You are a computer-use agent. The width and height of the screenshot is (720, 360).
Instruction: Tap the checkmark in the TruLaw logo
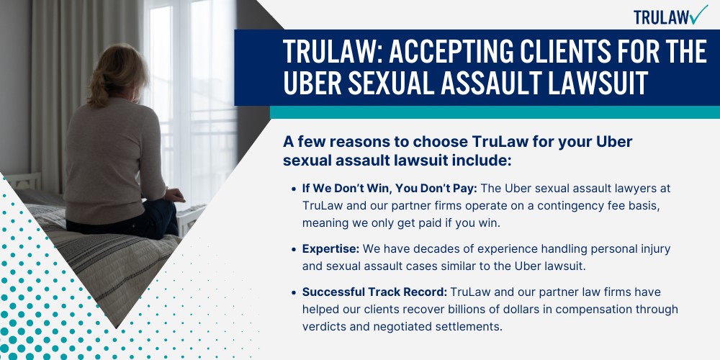pos(698,14)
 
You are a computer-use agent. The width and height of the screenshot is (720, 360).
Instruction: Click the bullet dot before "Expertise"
pos(294,250)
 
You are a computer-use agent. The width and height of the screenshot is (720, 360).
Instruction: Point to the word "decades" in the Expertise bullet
pos(434,249)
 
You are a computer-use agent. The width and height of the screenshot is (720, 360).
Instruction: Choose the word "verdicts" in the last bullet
pos(325,325)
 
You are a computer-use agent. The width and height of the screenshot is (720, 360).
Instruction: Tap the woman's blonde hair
pos(116,72)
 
